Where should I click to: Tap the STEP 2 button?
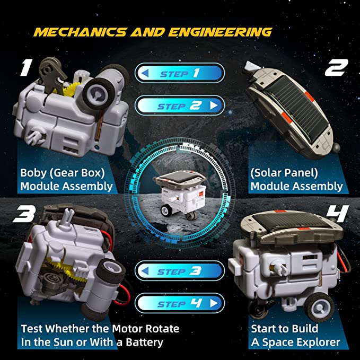180,106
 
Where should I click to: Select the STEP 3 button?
180,271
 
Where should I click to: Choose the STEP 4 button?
180,304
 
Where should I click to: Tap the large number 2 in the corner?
336,67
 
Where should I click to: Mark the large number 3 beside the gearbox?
23,214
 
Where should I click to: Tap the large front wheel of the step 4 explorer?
319,305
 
